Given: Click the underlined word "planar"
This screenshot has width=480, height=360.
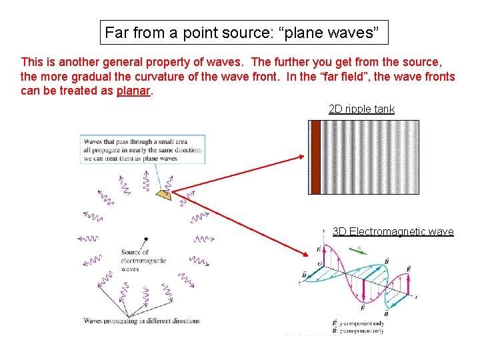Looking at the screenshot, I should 133,91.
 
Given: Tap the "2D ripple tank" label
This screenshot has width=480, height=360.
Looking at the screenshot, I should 361,109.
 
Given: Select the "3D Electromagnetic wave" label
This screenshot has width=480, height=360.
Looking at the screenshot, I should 393,231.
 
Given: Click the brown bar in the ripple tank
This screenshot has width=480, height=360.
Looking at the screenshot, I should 315,157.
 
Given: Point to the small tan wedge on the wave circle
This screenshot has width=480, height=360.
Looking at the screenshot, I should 164,194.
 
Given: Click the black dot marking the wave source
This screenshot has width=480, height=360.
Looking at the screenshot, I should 146,239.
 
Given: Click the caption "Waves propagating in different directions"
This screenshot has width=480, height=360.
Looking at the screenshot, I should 141,321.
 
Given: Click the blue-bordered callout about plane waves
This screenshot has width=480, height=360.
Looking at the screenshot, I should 142,149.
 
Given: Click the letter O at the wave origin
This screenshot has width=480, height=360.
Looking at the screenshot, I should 320,264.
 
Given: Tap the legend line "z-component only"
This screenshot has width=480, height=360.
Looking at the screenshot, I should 361,331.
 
